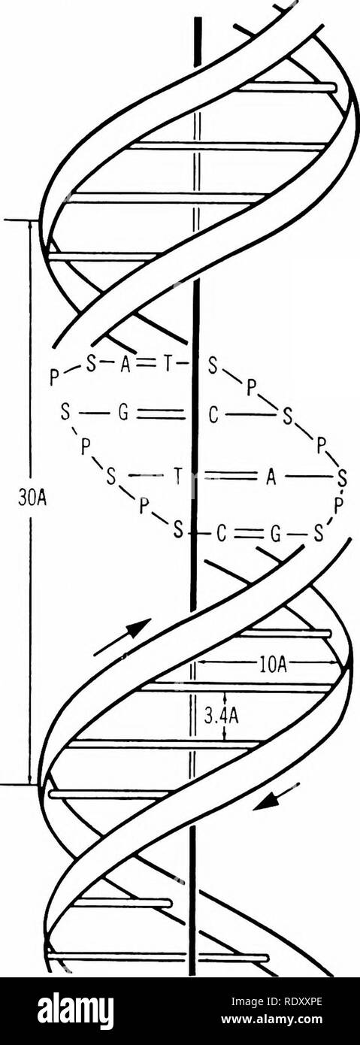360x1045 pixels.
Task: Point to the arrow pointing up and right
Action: (x=123, y=638)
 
